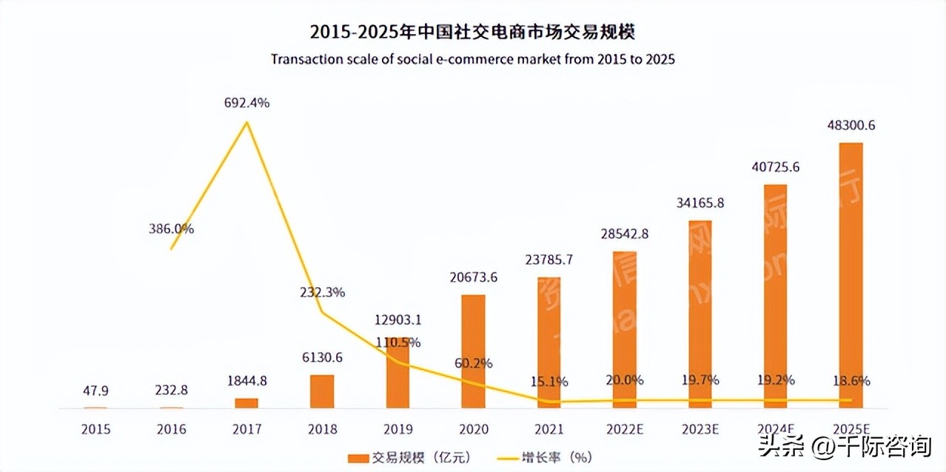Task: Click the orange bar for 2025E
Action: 851,274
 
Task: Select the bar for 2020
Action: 473,351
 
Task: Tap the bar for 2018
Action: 322,391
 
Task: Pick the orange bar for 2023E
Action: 700,314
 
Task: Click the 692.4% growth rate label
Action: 246,104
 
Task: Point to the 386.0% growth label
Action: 171,229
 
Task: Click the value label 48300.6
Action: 851,126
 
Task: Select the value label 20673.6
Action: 474,277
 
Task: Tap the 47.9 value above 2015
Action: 95,391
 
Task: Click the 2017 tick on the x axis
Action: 246,429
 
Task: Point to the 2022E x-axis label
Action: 624,429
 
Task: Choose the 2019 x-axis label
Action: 397,429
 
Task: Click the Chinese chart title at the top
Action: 473,33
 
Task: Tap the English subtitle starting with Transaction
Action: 473,59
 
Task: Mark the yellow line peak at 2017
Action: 246,122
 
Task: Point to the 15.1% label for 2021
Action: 549,382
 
